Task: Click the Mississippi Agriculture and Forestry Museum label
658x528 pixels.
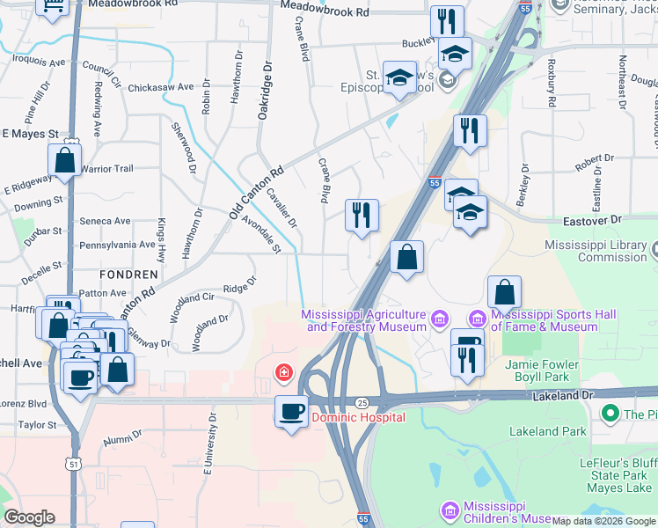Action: click(x=364, y=320)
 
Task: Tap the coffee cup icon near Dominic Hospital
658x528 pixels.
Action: click(x=291, y=411)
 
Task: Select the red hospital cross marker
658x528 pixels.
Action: click(x=283, y=372)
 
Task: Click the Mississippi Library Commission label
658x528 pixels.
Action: click(x=595, y=251)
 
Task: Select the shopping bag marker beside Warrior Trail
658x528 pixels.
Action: click(x=65, y=161)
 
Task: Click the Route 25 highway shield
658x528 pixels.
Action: click(x=362, y=402)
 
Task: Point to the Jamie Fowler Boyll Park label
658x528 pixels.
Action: click(x=542, y=370)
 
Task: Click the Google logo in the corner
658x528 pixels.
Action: click(x=29, y=517)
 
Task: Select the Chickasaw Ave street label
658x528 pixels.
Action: click(x=160, y=87)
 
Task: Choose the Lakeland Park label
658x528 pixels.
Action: click(x=547, y=431)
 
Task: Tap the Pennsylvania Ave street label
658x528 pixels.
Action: click(x=118, y=245)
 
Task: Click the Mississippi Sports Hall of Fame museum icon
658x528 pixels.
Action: click(x=478, y=318)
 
